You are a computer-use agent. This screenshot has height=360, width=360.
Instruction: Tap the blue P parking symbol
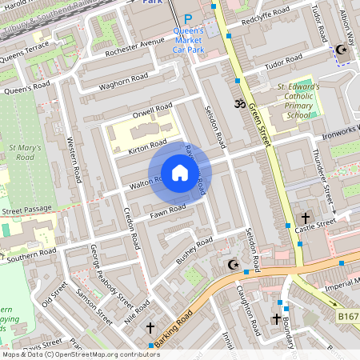[x=188, y=19]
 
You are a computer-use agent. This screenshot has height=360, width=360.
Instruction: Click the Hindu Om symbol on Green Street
[x=237, y=103]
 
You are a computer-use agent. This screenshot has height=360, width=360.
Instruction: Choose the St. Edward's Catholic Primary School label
[x=298, y=100]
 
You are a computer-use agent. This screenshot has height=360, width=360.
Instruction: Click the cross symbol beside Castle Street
[x=304, y=218]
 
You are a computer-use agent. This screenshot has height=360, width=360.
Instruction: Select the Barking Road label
[x=174, y=329]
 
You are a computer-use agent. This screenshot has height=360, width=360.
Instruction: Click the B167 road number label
[x=347, y=318]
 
